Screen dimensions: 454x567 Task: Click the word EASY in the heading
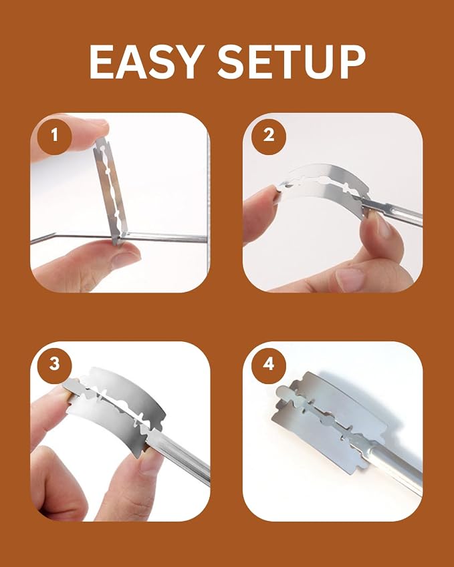[x=146, y=62]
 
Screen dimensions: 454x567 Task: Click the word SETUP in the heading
[x=292, y=62]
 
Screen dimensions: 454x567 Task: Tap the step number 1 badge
[x=54, y=136]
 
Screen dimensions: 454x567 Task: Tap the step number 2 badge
[x=269, y=136]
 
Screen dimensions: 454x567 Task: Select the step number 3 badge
[x=54, y=364]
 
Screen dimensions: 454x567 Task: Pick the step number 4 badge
[x=269, y=364]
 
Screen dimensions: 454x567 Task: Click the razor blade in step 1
[x=110, y=192]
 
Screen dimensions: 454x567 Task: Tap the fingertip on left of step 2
[x=260, y=213]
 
